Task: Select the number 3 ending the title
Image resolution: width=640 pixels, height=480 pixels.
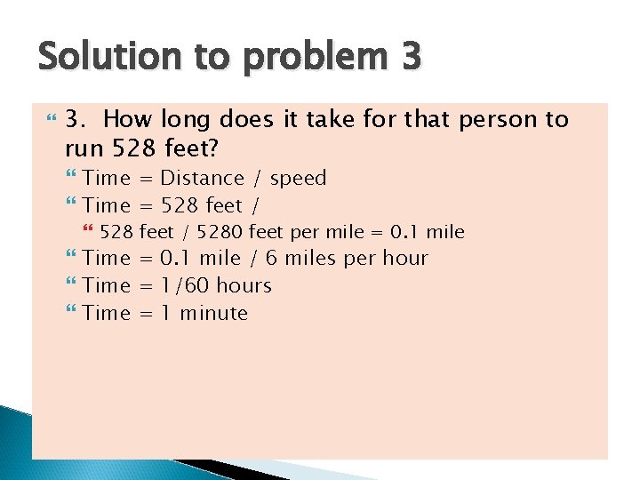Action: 410,57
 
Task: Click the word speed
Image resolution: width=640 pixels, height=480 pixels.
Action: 298,180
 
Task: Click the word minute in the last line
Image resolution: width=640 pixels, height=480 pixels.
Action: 214,313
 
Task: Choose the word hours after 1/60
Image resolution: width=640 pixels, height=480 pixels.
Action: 244,285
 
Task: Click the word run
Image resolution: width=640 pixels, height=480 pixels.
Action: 84,148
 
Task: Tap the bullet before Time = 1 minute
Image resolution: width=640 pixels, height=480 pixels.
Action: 71,313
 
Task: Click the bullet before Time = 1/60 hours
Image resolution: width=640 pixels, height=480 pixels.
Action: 71,285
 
